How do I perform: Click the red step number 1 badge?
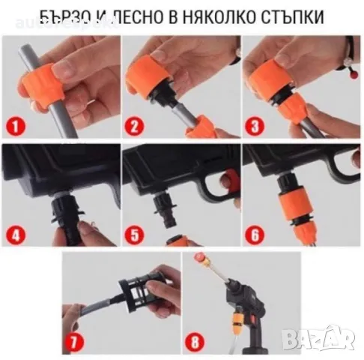(16, 121)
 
